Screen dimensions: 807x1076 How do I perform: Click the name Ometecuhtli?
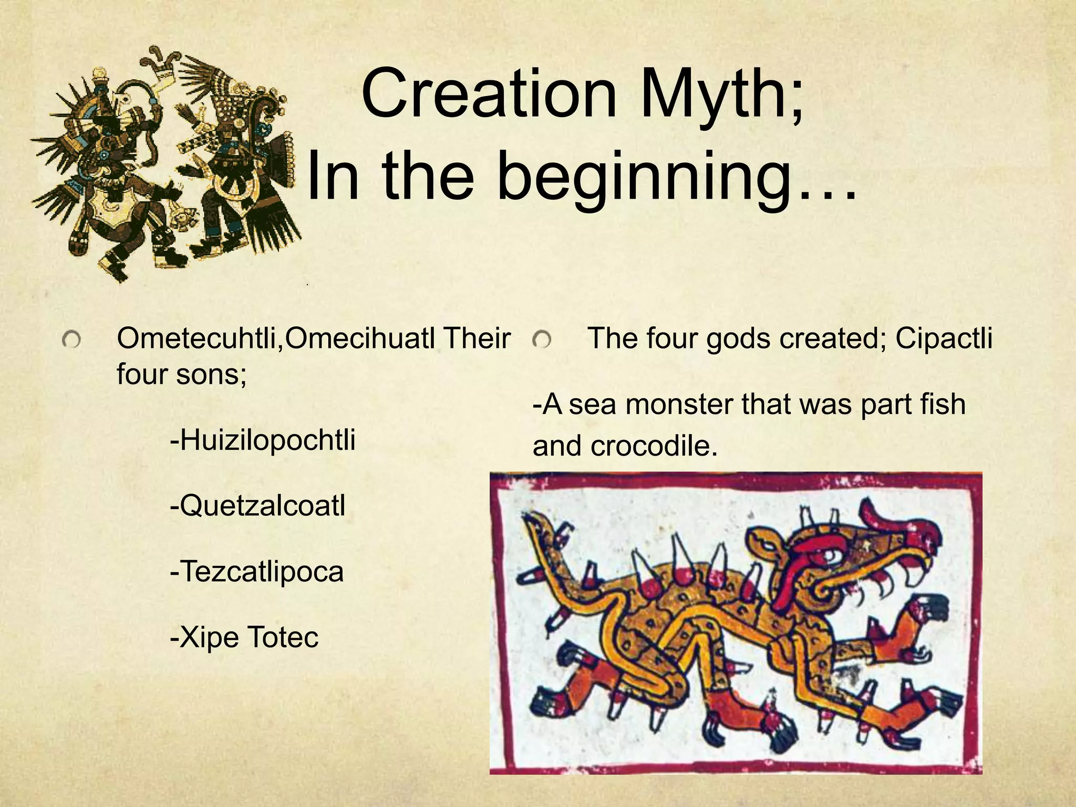point(199,339)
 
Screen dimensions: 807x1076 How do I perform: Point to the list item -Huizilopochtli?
point(263,440)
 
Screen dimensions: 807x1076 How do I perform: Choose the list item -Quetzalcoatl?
point(258,506)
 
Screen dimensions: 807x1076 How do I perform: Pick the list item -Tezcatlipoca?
point(256,572)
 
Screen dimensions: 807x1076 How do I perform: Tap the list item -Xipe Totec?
point(244,637)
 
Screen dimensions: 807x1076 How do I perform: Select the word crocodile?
point(654,446)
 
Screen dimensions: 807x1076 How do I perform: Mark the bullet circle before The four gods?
point(541,341)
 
